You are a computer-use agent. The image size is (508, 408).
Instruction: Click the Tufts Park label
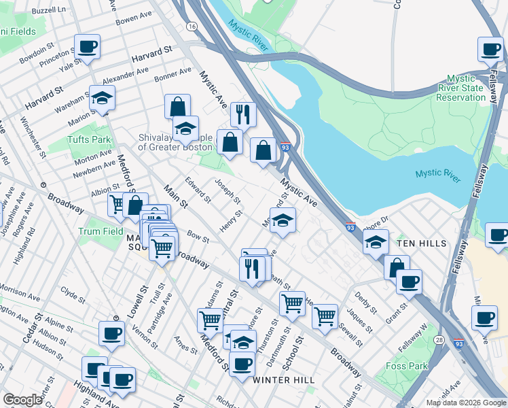tap(88, 139)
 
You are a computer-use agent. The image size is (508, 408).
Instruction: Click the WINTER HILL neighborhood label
tap(283, 380)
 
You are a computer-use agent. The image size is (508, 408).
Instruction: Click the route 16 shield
tap(193, 26)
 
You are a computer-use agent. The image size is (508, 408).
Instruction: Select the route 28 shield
tap(440, 339)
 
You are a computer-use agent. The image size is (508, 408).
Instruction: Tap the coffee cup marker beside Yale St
tap(87, 47)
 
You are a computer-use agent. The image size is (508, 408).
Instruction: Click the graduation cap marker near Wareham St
tap(102, 98)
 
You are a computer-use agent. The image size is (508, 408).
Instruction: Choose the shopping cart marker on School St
tap(292, 303)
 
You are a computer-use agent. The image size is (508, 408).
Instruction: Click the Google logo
tap(22, 400)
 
